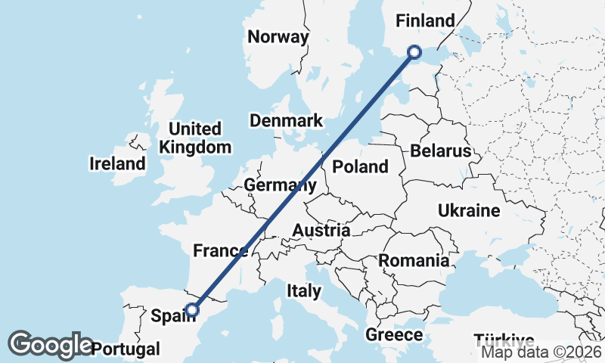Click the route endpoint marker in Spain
193,309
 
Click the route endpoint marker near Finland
414,51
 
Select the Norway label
278,37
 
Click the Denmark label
287,121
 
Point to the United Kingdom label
195,138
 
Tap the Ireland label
117,163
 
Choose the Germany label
279,185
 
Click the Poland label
360,166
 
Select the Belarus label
440,151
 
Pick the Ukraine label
469,210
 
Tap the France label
220,251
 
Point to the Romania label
414,261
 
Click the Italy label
304,290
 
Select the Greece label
394,334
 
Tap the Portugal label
126,349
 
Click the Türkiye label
504,340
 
